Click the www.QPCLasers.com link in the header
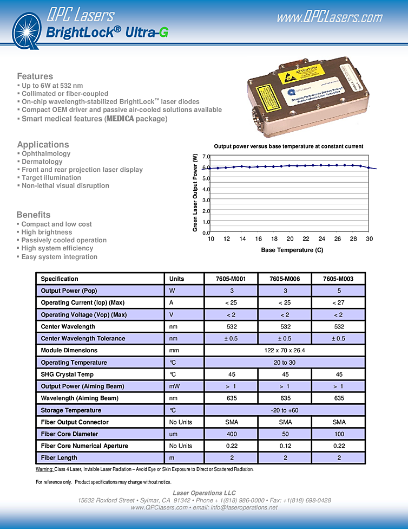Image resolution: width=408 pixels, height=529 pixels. (x=330, y=17)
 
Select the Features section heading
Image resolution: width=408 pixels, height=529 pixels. (x=35, y=76)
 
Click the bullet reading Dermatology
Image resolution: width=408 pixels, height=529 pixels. (x=42, y=162)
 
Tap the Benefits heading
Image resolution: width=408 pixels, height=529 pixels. (x=34, y=215)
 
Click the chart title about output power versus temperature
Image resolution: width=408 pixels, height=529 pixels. (x=288, y=146)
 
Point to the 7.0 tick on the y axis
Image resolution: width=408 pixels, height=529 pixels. (x=206, y=157)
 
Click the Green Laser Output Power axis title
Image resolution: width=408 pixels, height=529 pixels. (x=196, y=193)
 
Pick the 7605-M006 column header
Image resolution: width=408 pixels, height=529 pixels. (x=285, y=279)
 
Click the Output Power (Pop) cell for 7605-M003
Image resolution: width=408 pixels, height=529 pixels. (x=338, y=291)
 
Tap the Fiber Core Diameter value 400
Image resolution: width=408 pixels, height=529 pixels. (x=231, y=434)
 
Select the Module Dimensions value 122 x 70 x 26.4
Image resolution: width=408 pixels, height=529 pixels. (x=285, y=351)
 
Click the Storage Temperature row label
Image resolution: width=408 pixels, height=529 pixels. (x=71, y=410)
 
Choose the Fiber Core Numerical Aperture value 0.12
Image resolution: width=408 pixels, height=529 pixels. (x=285, y=446)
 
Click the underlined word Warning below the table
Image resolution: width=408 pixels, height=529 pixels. (x=44, y=469)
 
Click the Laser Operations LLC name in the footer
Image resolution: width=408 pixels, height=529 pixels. (x=204, y=493)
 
